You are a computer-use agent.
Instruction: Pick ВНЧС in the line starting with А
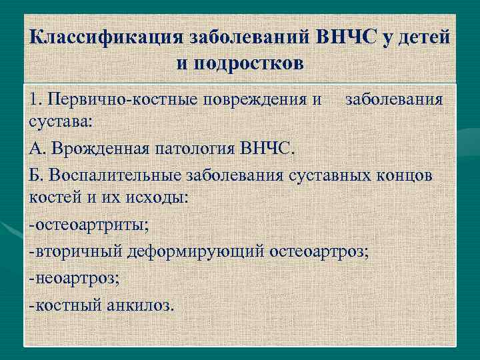[266, 147]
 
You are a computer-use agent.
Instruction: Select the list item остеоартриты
[91, 225]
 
